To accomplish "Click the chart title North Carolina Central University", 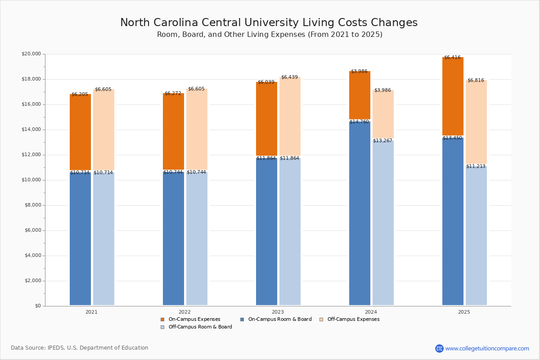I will [x=269, y=23].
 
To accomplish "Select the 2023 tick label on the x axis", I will [x=278, y=312].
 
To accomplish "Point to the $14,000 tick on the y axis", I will [x=31, y=130].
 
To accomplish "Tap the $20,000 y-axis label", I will [x=31, y=54].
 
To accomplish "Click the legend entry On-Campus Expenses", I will [x=194, y=319].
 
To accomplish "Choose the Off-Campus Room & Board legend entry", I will [x=200, y=327].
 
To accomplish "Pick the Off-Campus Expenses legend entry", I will [x=353, y=319].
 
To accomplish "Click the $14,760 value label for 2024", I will [x=359, y=121].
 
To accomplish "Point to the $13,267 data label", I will [x=382, y=141].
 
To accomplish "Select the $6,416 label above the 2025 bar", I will [x=452, y=58].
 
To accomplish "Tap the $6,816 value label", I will [x=476, y=81].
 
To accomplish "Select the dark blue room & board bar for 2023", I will [x=266, y=232].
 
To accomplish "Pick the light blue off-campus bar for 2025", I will [x=476, y=236].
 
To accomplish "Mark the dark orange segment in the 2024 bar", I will [x=360, y=95].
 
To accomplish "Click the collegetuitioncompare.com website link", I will [x=487, y=348].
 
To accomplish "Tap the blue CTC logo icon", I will [x=439, y=348].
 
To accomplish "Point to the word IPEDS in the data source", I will [x=56, y=348].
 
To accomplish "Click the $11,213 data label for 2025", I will [x=476, y=166].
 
